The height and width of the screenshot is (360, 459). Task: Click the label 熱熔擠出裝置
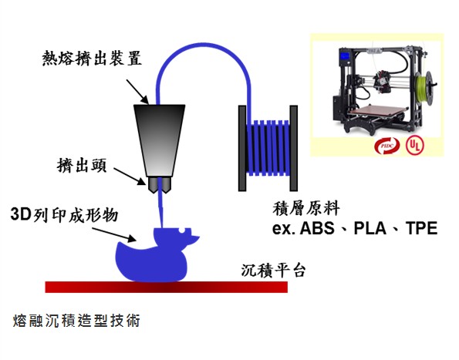click(92, 59)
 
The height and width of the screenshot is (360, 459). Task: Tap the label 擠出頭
click(82, 166)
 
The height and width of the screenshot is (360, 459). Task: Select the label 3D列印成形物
click(64, 215)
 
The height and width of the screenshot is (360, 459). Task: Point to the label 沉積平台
click(273, 271)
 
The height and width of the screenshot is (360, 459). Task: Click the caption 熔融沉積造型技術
click(76, 321)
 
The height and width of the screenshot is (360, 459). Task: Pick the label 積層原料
click(306, 209)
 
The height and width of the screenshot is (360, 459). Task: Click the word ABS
click(317, 228)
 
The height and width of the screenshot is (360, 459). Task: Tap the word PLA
click(370, 228)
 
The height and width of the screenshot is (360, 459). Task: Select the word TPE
click(421, 228)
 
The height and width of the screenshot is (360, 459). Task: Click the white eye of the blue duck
click(182, 230)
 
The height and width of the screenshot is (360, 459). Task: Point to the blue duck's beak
click(194, 238)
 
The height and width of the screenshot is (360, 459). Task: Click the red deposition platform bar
click(167, 287)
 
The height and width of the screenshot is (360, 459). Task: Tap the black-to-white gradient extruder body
click(159, 140)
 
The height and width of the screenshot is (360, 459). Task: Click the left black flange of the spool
click(242, 148)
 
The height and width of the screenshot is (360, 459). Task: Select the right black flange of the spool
click(294, 148)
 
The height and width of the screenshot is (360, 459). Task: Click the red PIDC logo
click(386, 146)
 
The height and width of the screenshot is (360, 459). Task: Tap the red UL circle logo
click(414, 146)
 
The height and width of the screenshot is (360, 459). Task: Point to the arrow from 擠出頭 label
click(130, 177)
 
